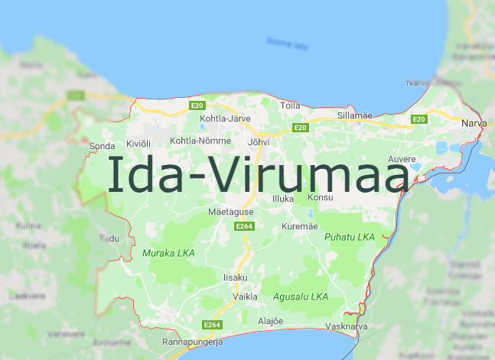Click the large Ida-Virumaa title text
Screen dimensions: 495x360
click(259, 174)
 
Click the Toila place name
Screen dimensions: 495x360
click(290, 105)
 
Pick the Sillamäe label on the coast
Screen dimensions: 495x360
click(355, 115)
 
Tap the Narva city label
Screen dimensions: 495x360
click(474, 122)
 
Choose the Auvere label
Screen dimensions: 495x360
click(402, 158)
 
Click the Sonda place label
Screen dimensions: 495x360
click(102, 145)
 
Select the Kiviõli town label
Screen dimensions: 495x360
click(138, 143)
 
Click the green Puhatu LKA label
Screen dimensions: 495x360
click(350, 237)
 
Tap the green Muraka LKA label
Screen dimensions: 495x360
click(168, 252)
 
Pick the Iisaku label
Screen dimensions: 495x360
click(235, 277)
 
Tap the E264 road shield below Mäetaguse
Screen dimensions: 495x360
click(244, 226)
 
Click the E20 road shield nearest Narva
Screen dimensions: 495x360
click(418, 119)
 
